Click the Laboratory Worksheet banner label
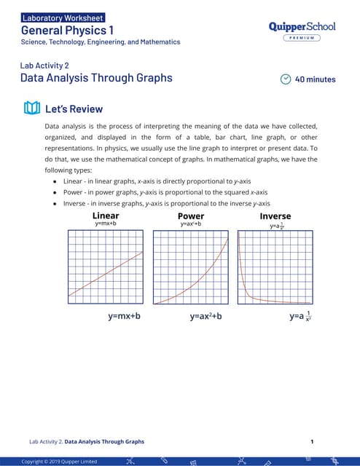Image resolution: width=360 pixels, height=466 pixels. [63, 17]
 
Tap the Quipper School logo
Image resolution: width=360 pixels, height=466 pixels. [302, 26]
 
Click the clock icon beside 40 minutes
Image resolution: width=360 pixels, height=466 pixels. [286, 79]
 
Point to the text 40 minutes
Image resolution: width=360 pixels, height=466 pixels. [315, 79]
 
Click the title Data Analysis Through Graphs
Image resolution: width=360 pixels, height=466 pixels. [95, 77]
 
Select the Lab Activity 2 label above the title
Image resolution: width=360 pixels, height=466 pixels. [44, 65]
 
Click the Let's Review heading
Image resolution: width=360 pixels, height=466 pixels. [74, 109]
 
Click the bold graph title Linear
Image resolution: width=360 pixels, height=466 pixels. [106, 216]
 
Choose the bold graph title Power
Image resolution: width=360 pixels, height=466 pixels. [191, 216]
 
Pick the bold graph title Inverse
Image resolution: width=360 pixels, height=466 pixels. [275, 216]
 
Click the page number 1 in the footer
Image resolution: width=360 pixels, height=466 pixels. [312, 441]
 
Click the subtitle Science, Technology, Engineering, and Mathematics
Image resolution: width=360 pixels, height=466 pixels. [100, 42]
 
